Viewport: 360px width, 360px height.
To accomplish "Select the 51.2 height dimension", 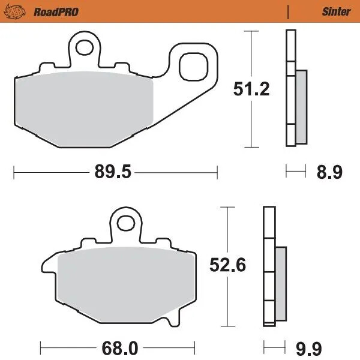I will (251, 89).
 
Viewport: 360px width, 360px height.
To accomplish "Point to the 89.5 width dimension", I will (112, 173).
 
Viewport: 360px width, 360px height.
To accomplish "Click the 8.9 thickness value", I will (329, 173).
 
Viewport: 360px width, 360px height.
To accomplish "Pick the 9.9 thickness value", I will (329, 347).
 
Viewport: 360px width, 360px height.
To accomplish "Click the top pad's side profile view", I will (293, 90).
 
